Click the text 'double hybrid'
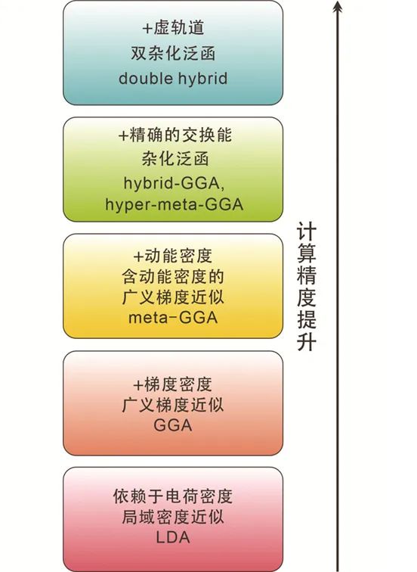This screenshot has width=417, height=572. pos(173,79)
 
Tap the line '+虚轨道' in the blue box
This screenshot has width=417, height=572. pos(173,29)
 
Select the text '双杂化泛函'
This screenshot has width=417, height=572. pos(173,54)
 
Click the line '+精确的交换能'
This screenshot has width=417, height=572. pos(175,135)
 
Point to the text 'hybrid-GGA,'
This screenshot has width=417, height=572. pos(174,183)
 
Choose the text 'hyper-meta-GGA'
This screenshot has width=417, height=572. pos(174,204)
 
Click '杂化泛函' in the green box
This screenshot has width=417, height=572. pos(175,159)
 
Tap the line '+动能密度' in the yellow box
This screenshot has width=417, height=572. pos(173,256)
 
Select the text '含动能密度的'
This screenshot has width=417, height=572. pos(173,277)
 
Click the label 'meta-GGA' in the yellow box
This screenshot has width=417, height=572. pos(173,317)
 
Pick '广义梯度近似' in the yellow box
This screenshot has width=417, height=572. pos(173,297)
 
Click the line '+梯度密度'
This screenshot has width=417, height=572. pos(173,384)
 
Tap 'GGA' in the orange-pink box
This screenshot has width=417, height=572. pos(173,425)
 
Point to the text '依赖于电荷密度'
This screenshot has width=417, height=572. pos(173,496)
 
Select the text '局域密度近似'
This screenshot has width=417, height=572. pos(173,517)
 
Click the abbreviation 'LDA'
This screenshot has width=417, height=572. pos(173,537)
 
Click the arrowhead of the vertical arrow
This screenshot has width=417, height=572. pos(338,6)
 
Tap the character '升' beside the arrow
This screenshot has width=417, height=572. pos(306,341)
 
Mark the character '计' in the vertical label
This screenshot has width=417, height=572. pos(306,231)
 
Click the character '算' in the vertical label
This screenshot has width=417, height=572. pos(306,253)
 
